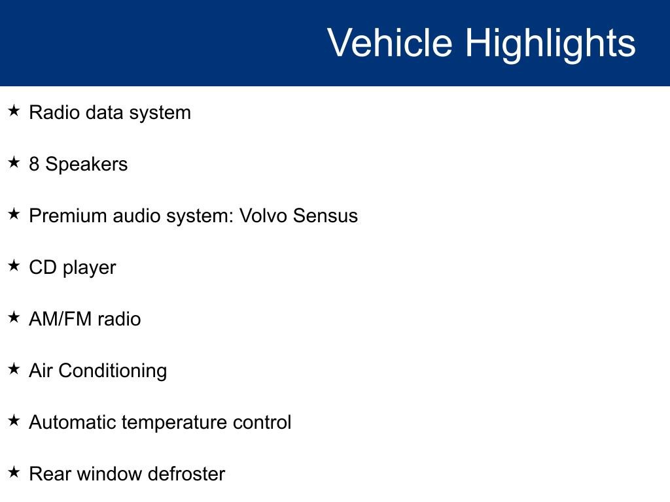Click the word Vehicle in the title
point(390,42)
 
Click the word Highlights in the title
point(550,45)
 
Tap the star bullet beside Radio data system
point(14,110)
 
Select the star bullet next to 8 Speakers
point(14,162)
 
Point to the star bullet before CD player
point(14,265)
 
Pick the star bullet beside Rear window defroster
point(14,472)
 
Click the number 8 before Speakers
point(34,164)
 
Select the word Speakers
point(86,164)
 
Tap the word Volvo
point(263,216)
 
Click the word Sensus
point(325,216)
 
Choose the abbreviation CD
point(43,267)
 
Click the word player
point(89,269)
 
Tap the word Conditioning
point(113,371)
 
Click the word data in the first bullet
point(104,112)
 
